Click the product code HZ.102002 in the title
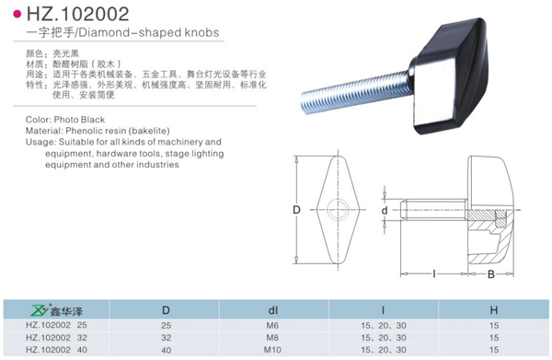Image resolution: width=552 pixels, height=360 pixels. pyautogui.click(x=78, y=14)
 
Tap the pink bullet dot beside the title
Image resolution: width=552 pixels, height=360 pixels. pyautogui.click(x=17, y=15)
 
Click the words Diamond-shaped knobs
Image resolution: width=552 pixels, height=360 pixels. pyautogui.click(x=148, y=33)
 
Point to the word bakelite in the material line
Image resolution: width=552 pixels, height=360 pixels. pyautogui.click(x=149, y=131)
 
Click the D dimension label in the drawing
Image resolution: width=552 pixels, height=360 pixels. pyautogui.click(x=296, y=210)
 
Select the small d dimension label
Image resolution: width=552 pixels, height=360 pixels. pyautogui.click(x=385, y=210)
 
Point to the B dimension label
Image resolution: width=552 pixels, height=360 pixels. pyautogui.click(x=491, y=274)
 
